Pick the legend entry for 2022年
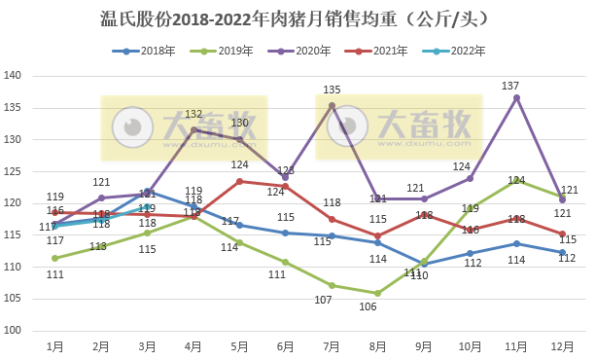(456, 50)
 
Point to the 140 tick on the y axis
(13, 76)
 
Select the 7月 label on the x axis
(332, 345)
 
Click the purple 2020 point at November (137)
(516, 97)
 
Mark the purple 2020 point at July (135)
(332, 105)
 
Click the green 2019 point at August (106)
(378, 293)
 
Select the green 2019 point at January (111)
(54, 258)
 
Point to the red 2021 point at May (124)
(239, 181)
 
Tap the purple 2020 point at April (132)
(193, 129)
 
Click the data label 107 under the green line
(332, 300)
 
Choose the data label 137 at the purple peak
(510, 87)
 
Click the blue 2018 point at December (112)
(562, 252)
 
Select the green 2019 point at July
(332, 285)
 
